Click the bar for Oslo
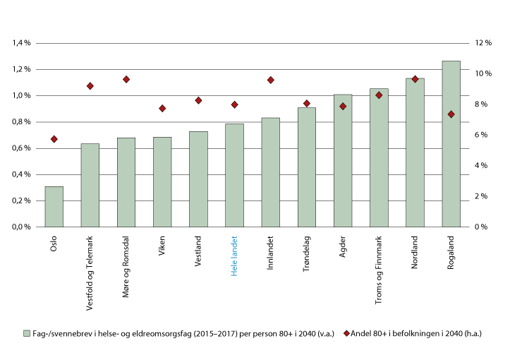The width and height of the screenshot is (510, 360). (x=54, y=207)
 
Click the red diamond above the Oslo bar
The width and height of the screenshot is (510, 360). (x=54, y=139)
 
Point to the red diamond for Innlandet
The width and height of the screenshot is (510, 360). (x=270, y=80)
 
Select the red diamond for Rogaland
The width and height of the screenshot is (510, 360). (x=451, y=114)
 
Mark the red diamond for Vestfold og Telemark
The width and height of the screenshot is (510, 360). (x=90, y=86)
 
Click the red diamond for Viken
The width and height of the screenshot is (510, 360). (x=162, y=108)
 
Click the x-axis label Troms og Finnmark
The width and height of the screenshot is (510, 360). (x=379, y=268)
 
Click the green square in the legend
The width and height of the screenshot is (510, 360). (x=28, y=332)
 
